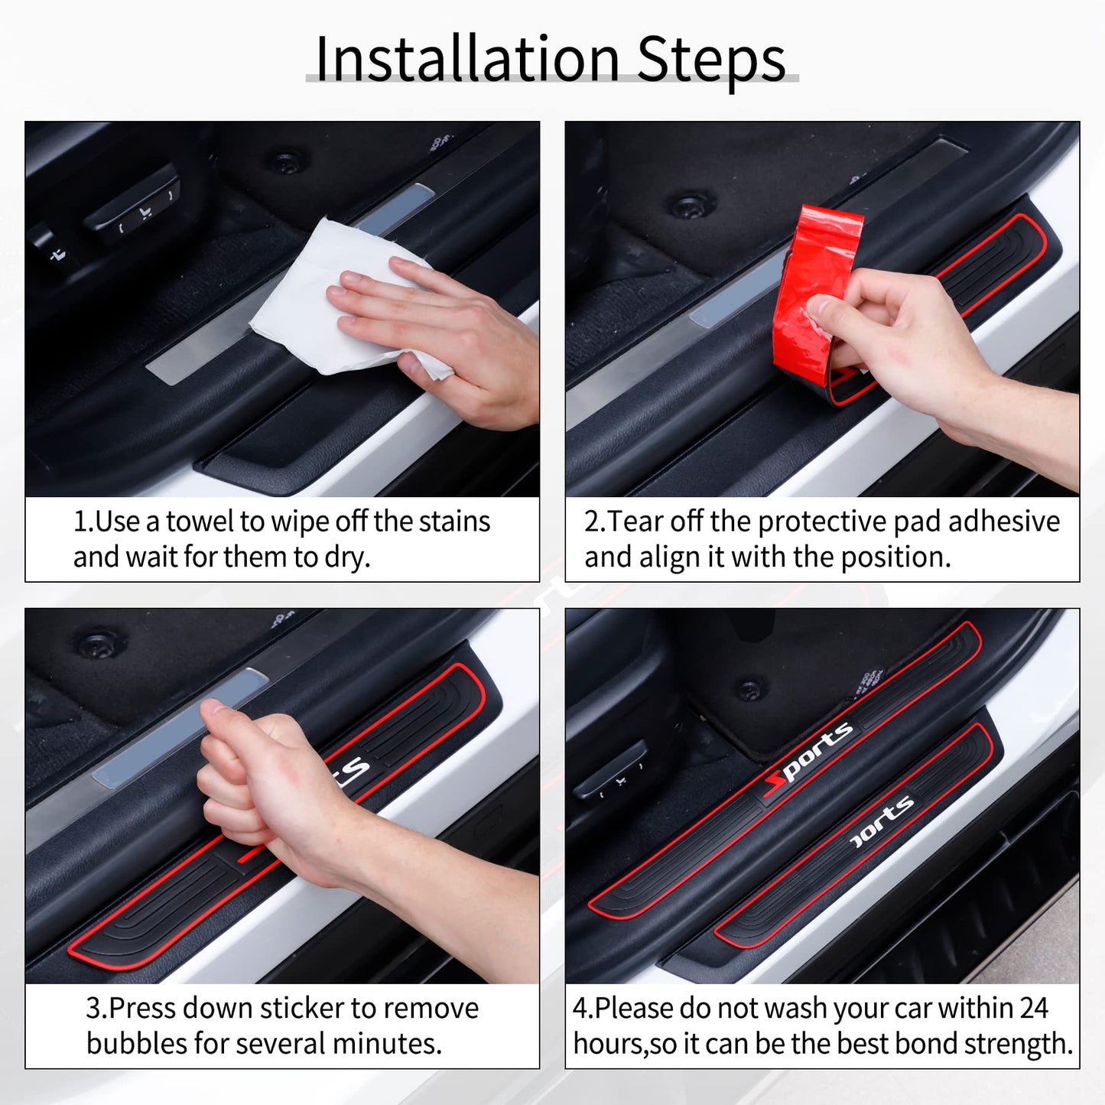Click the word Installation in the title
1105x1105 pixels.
tap(466, 60)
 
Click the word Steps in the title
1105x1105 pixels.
tap(710, 60)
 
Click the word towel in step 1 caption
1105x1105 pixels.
tap(200, 522)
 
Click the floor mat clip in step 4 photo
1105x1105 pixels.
tap(750, 689)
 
